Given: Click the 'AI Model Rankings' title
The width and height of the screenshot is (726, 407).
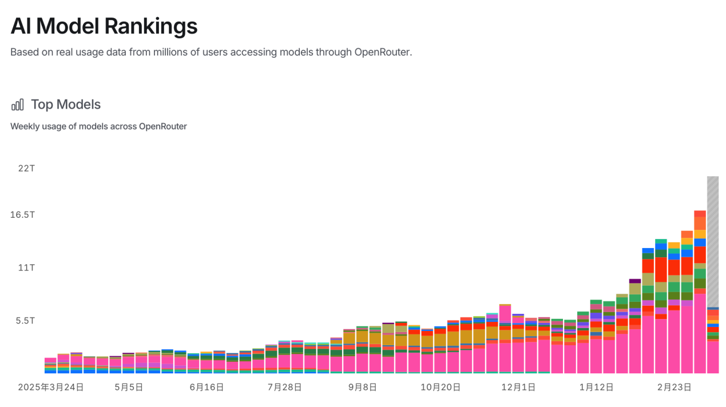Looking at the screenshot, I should [x=104, y=26].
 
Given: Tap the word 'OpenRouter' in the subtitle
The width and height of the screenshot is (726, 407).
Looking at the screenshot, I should [x=382, y=52].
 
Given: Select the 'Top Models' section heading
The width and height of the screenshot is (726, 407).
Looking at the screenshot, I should [x=66, y=105].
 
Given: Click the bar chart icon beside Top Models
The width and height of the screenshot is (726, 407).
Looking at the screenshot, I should [x=18, y=105].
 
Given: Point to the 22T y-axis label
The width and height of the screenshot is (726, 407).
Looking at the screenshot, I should [x=26, y=169].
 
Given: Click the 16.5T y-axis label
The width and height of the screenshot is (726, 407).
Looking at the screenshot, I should [x=23, y=215].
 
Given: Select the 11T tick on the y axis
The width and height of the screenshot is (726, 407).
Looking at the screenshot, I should [x=26, y=268].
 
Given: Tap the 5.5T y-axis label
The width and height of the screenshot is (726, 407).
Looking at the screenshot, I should [x=25, y=321].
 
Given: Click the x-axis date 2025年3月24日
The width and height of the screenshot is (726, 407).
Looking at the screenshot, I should [x=51, y=387].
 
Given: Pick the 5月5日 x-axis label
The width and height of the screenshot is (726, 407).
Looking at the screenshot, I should [x=129, y=387].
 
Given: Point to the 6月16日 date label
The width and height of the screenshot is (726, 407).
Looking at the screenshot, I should [x=207, y=387].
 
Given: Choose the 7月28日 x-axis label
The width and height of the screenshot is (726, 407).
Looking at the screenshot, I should [x=284, y=387].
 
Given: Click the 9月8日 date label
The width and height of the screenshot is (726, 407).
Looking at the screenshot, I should [x=362, y=387].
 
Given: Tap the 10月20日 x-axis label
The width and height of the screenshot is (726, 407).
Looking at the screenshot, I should [x=441, y=387].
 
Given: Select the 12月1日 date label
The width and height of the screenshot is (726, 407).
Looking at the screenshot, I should [x=518, y=387].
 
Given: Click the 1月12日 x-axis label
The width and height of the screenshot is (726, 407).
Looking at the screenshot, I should [x=596, y=387].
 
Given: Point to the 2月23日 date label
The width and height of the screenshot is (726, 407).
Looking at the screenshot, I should [x=674, y=387].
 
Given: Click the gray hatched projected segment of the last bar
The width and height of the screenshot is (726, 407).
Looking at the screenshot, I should [x=713, y=240].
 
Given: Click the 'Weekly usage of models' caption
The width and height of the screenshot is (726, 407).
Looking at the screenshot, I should [x=98, y=126].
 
